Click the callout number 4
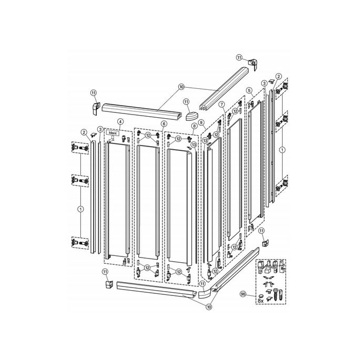coord(120,121)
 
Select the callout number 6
coord(164,124)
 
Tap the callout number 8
coord(194,126)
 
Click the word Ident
coord(111,133)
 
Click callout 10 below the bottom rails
coord(209,306)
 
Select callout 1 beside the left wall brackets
coord(80,209)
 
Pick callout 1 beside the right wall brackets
coord(282,150)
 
